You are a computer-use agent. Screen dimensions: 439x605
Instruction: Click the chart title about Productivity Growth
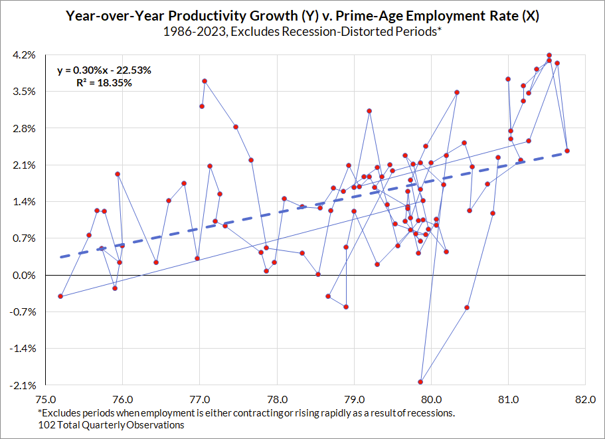coord(302,16)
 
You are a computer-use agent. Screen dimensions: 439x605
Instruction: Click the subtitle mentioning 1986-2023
coord(302,31)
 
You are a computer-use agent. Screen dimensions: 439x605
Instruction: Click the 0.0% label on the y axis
coord(25,275)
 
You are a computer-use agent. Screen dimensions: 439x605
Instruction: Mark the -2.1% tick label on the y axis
coord(23,385)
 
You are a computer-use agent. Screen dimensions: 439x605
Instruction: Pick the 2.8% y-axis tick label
coord(25,128)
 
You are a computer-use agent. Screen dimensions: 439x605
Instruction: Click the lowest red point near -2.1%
coord(420,382)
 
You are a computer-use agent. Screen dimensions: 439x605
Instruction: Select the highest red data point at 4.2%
coord(549,55)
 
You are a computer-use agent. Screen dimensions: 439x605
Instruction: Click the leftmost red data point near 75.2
coord(60,296)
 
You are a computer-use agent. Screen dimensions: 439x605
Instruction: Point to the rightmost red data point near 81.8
coord(567,151)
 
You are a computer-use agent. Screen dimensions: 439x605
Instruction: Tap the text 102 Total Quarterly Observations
coord(112,425)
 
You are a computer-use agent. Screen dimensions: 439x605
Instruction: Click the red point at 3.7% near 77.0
coord(205,81)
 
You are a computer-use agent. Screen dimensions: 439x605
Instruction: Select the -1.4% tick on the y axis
coord(23,349)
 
